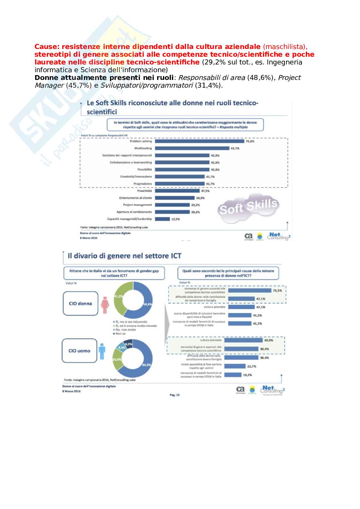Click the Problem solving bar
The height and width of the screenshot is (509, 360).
(x=199, y=141)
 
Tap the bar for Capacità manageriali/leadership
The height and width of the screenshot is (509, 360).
(x=162, y=219)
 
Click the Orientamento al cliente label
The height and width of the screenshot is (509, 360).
(x=135, y=198)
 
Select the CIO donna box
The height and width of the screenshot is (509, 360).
(x=80, y=303)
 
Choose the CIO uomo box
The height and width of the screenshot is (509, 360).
(x=79, y=351)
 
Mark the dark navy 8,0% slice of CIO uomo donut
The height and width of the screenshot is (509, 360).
(x=128, y=345)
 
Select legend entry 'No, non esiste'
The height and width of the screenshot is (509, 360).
(x=125, y=330)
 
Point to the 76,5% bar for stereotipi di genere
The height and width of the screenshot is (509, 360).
(x=249, y=290)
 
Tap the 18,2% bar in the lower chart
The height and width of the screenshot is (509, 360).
(x=233, y=375)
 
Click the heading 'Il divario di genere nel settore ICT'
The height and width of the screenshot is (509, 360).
(x=124, y=256)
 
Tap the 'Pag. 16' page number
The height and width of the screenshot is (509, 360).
(x=175, y=395)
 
